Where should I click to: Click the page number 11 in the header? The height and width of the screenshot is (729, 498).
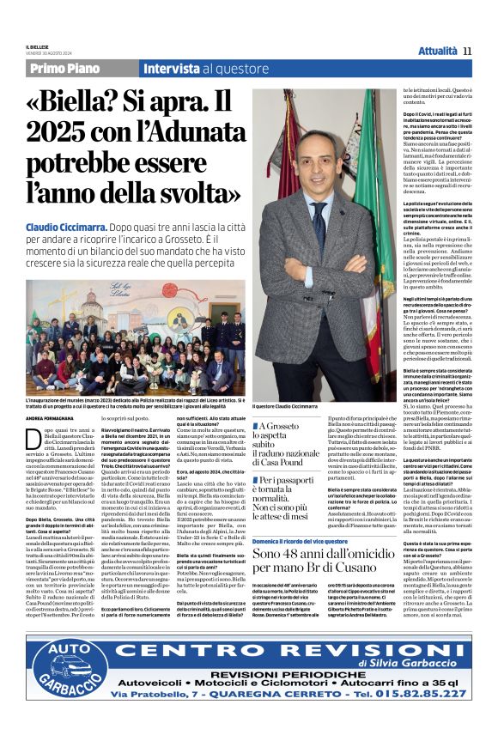pos(467,51)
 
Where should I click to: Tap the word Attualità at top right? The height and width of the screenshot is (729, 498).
pos(438,51)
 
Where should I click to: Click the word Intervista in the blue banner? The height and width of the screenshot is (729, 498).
pos(172,69)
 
